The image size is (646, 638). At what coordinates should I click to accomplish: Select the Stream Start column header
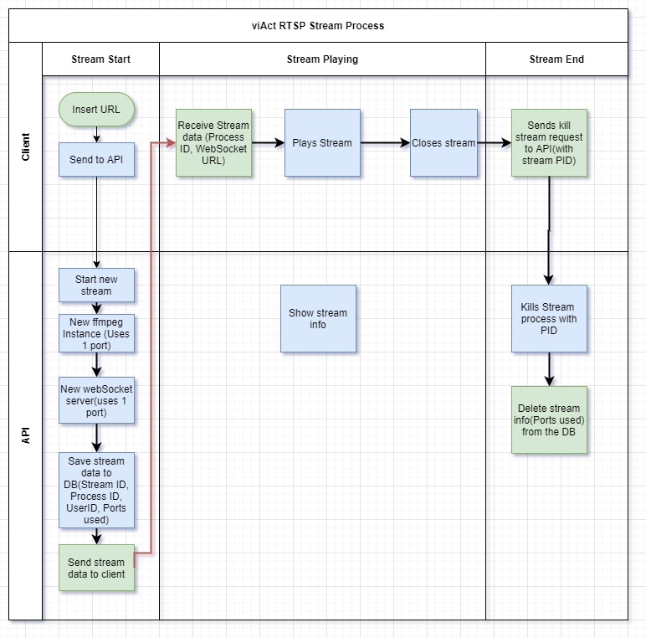[100, 59]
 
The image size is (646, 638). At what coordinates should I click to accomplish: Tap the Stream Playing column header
[322, 59]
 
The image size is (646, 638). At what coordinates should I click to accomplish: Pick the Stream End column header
[556, 59]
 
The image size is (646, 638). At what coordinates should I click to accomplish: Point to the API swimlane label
[25, 435]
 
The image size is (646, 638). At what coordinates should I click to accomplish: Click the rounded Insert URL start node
[96, 110]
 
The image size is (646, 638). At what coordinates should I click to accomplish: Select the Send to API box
[96, 159]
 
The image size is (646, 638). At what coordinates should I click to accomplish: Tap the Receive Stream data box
[213, 142]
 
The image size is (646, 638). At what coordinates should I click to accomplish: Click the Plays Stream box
[322, 142]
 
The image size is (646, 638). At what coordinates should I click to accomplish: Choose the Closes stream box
[443, 142]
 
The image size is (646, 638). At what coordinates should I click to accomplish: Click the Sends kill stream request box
[549, 142]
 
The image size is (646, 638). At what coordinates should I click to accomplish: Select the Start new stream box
[96, 286]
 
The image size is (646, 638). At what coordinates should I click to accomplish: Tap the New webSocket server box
[96, 400]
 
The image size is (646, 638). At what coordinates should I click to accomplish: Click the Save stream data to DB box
[96, 490]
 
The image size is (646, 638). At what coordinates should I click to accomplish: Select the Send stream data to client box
[96, 568]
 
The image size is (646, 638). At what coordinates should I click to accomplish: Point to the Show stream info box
[318, 318]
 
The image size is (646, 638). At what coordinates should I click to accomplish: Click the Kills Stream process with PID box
[549, 318]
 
